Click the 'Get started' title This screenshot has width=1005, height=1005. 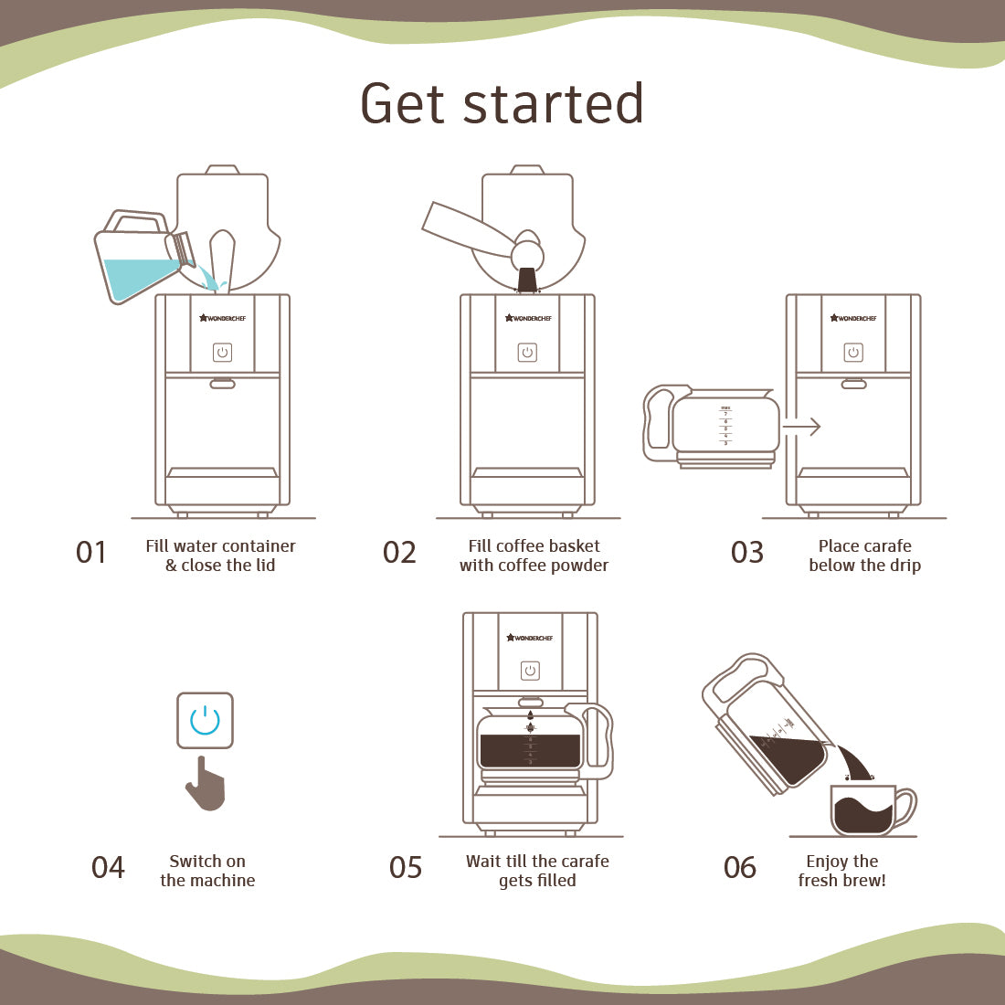point(502,103)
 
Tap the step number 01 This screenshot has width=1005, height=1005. point(91,553)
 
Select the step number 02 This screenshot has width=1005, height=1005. point(399,553)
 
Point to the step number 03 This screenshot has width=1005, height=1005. point(746,553)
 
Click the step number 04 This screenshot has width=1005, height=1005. point(108,867)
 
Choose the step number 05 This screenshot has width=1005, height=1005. point(406,867)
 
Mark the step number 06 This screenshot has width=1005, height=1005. point(740,867)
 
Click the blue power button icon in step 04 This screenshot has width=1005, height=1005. point(205,721)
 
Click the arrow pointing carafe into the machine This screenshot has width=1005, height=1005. point(802,427)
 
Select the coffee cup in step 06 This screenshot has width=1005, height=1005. point(865,810)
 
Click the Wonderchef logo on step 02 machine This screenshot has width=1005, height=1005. point(528,318)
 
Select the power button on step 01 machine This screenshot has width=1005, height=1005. point(222,353)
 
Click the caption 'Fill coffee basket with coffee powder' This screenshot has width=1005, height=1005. point(534,555)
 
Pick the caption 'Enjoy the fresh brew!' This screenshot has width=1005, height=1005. point(841,871)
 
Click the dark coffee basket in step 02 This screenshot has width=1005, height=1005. point(527,279)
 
